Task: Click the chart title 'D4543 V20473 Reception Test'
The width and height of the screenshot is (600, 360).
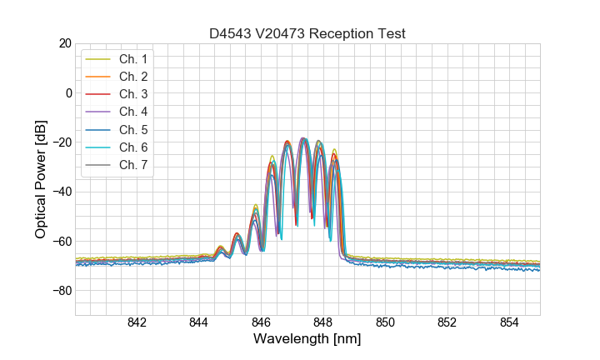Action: click(x=307, y=33)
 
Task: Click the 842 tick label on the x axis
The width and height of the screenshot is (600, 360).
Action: click(x=137, y=323)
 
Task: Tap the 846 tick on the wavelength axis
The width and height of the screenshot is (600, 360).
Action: click(x=261, y=323)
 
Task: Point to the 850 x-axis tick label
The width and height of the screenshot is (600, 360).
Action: click(x=385, y=323)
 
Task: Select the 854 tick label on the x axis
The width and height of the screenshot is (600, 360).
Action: click(x=509, y=323)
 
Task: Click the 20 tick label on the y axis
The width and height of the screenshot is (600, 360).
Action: click(x=64, y=43)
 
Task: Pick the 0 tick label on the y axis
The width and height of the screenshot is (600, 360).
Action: click(x=68, y=92)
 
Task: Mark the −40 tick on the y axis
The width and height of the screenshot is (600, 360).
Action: click(x=61, y=192)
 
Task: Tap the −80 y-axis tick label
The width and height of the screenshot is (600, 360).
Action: click(x=61, y=291)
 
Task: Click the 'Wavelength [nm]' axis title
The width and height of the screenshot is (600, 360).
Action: click(x=307, y=340)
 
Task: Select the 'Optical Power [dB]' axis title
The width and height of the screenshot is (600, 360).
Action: click(x=41, y=179)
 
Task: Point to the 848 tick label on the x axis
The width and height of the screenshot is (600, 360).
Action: click(x=323, y=323)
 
